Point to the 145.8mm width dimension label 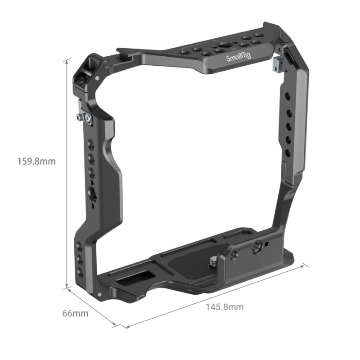point(225,307)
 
